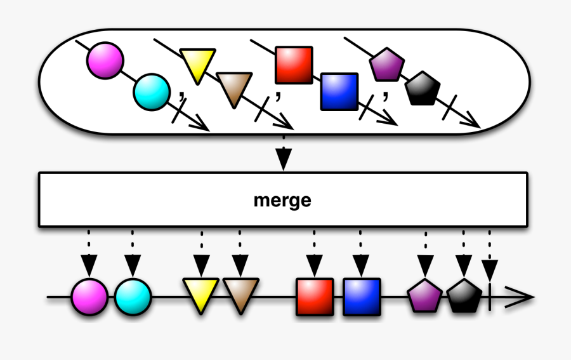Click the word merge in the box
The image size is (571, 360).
click(x=282, y=201)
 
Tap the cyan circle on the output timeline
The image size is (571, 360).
click(x=133, y=297)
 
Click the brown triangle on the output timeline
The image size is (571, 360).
click(x=240, y=293)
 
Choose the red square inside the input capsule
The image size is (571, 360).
click(x=294, y=65)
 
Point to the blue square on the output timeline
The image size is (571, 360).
click(x=362, y=297)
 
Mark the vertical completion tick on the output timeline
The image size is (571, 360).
click(x=490, y=297)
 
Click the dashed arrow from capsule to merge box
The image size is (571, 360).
click(x=284, y=152)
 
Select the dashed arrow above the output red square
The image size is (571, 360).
click(x=314, y=254)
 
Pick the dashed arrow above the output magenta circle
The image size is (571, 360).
click(x=89, y=254)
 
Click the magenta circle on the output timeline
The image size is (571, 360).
click(x=89, y=297)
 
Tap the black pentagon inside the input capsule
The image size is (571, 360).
click(x=422, y=89)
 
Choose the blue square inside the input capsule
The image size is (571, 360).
click(x=339, y=91)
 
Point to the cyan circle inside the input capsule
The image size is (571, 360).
click(x=151, y=91)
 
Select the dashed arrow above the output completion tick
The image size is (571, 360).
click(x=490, y=254)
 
